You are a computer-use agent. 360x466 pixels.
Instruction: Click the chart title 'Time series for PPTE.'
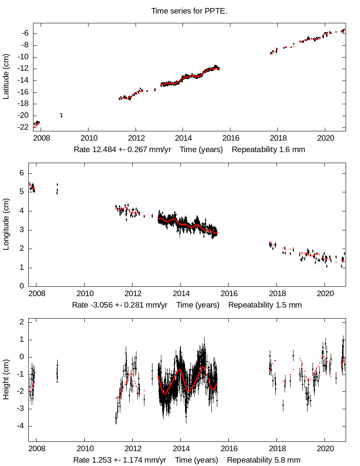(x=189, y=11)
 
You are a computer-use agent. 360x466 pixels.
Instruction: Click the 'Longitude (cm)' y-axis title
(x=6, y=224)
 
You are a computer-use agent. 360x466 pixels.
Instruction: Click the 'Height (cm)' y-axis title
(x=6, y=381)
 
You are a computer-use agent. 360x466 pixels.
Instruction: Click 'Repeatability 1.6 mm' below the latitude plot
(x=268, y=150)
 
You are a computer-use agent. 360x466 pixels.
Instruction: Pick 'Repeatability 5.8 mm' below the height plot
(x=264, y=460)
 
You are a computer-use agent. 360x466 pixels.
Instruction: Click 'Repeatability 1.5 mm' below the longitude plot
(x=265, y=305)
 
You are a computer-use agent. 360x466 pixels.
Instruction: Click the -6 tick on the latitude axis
(x=25, y=33)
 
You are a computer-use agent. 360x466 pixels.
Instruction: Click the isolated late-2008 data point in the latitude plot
(x=61, y=115)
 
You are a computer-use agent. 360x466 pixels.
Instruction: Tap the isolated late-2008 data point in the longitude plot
(x=57, y=189)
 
